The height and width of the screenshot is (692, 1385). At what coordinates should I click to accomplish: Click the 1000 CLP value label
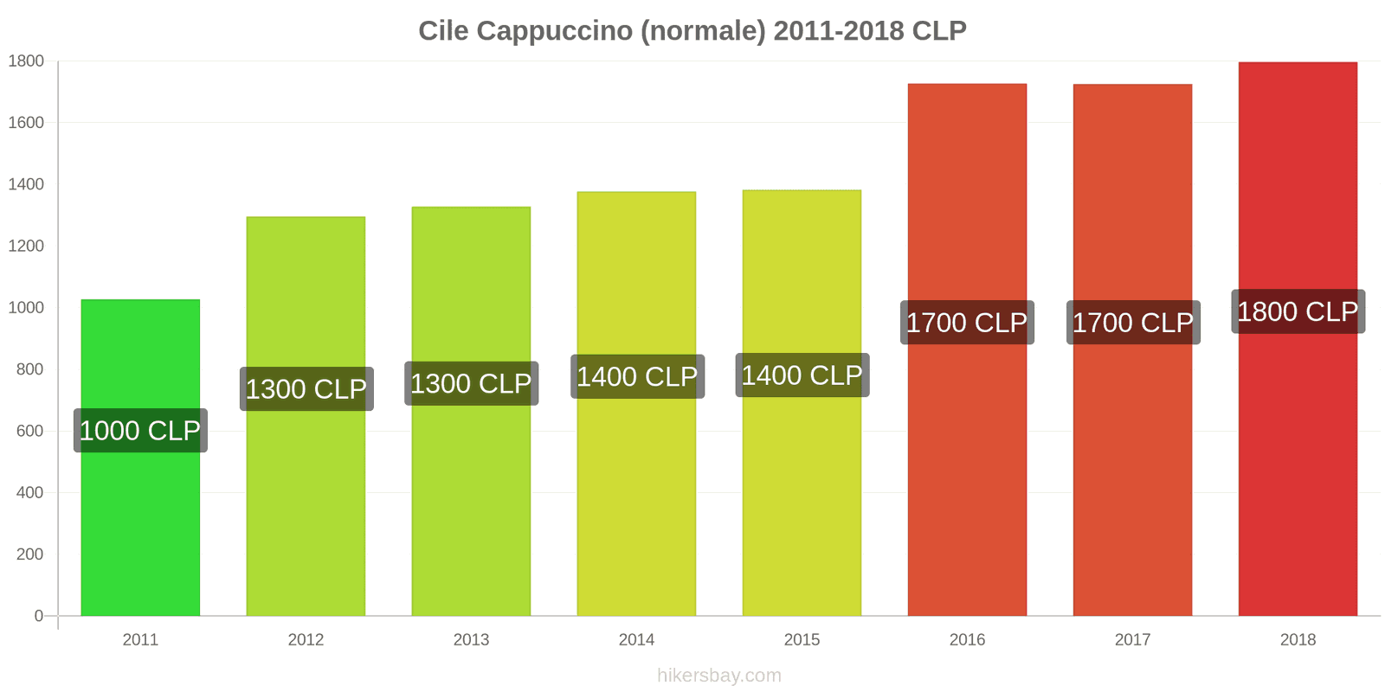pyautogui.click(x=140, y=431)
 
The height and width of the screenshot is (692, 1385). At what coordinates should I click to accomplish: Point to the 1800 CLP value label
pyautogui.click(x=1298, y=311)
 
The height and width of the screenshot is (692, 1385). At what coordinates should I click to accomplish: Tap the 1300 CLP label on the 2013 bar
pyautogui.click(x=471, y=383)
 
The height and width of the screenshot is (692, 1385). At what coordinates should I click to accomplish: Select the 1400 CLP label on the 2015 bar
pyautogui.click(x=802, y=375)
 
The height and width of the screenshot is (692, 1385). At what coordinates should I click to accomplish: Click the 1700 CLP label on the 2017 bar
pyautogui.click(x=1132, y=323)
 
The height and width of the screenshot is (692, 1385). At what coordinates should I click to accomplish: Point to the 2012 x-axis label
pyautogui.click(x=306, y=640)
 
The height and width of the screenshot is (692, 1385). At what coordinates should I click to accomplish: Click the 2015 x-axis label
pyautogui.click(x=802, y=640)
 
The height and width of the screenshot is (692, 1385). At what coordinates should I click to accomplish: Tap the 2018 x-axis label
pyautogui.click(x=1298, y=640)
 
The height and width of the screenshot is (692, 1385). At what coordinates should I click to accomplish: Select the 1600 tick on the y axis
pyautogui.click(x=26, y=123)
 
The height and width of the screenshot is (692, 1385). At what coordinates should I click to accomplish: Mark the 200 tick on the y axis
pyautogui.click(x=29, y=554)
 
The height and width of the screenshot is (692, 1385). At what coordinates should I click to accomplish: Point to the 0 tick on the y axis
pyautogui.click(x=38, y=616)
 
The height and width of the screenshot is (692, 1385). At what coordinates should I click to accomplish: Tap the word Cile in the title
pyautogui.click(x=443, y=31)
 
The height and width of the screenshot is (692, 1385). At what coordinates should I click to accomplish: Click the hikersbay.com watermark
pyautogui.click(x=718, y=676)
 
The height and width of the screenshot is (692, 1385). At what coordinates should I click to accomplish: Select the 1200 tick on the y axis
pyautogui.click(x=26, y=247)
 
